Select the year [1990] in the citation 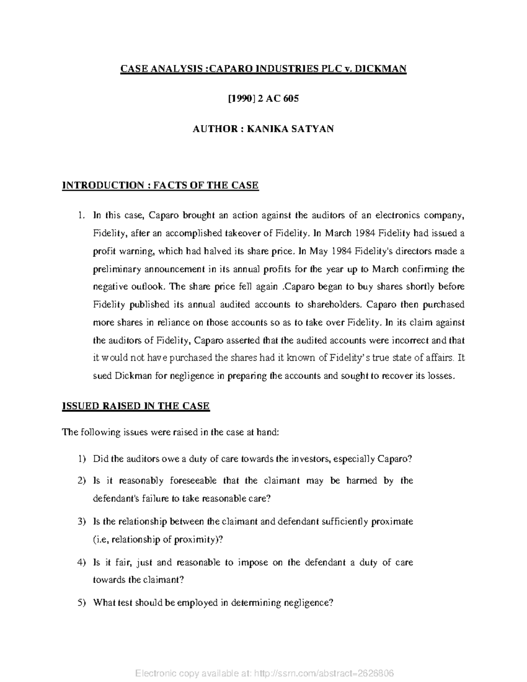click(x=241, y=99)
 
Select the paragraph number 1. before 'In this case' click(x=80, y=215)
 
